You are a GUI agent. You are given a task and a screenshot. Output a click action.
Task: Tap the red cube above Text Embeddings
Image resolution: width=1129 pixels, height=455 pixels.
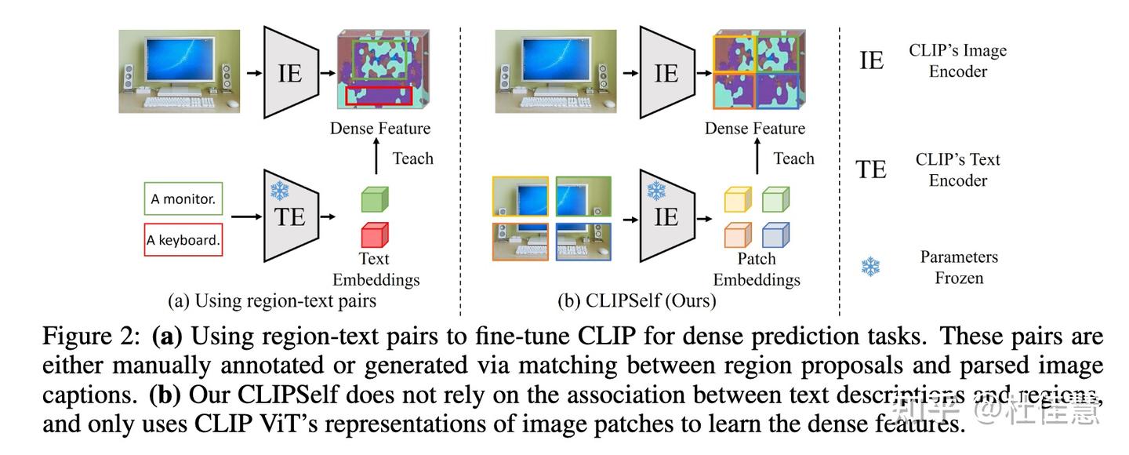[x=375, y=235]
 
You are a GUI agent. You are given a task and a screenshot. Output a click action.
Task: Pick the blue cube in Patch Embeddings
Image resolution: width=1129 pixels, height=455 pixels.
[x=775, y=235]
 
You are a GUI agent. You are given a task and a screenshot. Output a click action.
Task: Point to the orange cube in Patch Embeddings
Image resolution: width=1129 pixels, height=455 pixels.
[x=738, y=235]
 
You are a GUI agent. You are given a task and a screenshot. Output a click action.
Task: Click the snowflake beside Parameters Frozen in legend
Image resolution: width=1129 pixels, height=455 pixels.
[x=870, y=267]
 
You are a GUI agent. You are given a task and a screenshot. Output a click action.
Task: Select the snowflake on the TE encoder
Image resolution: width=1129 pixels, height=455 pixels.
[x=279, y=191]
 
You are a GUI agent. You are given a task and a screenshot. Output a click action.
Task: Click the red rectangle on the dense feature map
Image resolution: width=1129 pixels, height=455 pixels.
[x=379, y=96]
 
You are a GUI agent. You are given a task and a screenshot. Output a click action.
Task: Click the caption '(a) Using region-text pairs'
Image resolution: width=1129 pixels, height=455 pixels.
[x=271, y=300]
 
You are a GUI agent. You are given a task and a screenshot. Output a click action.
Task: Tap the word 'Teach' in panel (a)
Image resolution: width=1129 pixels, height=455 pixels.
[x=412, y=158]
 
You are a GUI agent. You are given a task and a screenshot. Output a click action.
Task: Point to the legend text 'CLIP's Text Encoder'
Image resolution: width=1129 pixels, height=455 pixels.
[x=957, y=169]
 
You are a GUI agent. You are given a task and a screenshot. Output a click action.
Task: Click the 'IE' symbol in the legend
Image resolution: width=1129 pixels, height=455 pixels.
[x=871, y=60]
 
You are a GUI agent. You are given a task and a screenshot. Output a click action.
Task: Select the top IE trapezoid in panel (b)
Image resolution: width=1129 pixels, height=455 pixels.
[x=666, y=73]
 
